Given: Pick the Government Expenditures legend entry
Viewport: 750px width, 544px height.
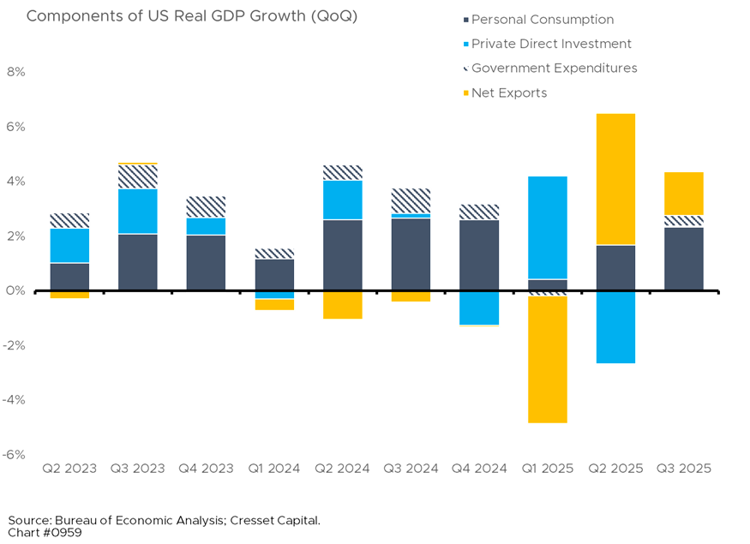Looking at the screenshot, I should (554, 68).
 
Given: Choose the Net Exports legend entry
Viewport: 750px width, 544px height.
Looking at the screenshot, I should (508, 93).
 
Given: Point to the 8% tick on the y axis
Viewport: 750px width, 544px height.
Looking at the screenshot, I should (16, 72).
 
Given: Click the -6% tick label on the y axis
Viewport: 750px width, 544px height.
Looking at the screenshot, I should (15, 455).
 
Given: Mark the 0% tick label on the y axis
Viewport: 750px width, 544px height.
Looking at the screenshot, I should (16, 291).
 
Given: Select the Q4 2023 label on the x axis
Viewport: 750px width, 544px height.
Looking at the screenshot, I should (206, 469).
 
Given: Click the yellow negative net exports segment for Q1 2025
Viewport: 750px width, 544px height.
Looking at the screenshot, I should (547, 359).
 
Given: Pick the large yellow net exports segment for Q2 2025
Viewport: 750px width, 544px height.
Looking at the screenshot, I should (615, 179).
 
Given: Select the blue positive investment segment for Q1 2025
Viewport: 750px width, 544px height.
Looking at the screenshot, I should (547, 227).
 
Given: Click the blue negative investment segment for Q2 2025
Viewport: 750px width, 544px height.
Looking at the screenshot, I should (615, 328).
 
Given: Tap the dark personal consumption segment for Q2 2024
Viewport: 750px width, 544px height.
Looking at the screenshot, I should (342, 255).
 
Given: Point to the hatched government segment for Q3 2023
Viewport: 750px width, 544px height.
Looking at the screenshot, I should (138, 176).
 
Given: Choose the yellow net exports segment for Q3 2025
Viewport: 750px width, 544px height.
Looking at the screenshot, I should (682, 194).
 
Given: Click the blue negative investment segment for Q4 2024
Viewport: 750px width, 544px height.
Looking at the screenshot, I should (478, 308).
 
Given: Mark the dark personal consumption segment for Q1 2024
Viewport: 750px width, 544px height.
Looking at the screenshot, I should (274, 274).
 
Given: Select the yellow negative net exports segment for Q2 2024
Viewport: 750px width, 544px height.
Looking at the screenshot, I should (342, 306).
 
